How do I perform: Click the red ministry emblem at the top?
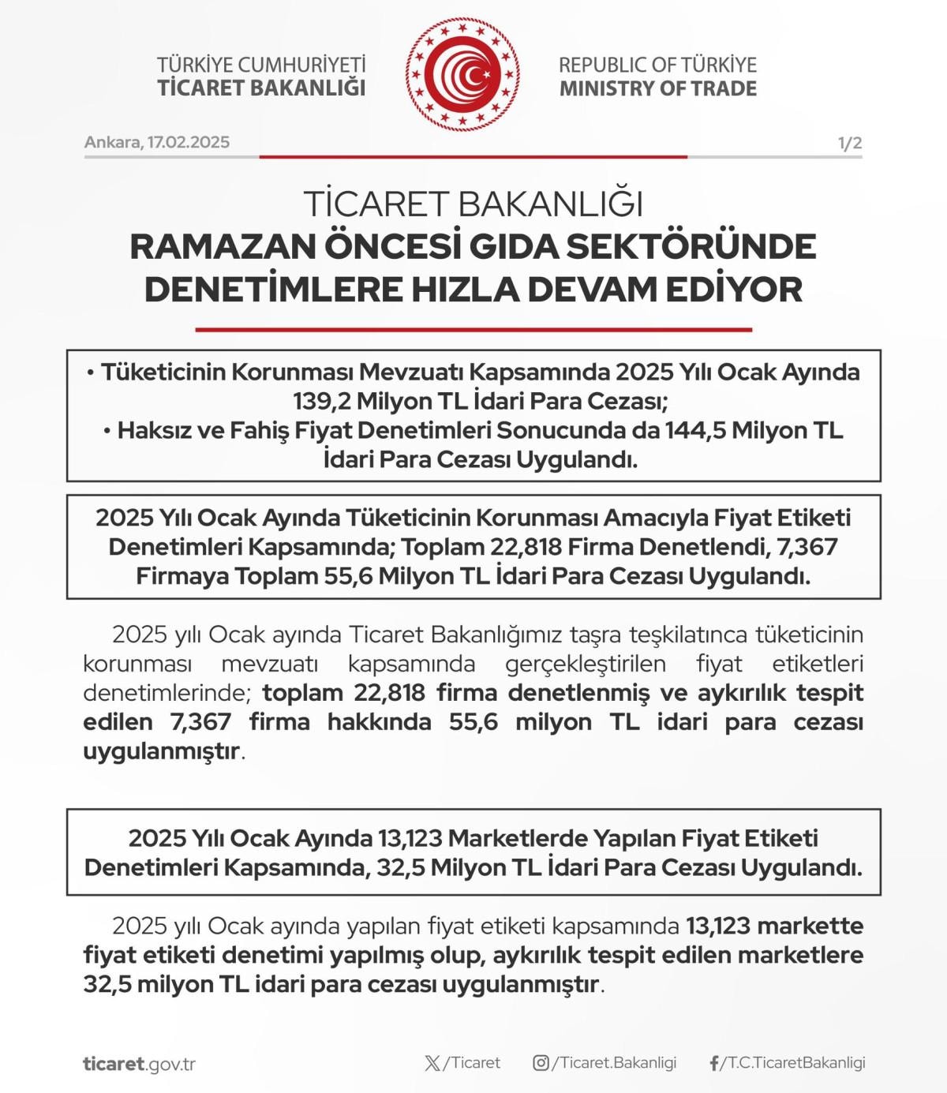pos(463,75)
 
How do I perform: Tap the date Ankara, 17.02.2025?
pos(157,142)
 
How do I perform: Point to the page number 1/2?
pos(849,144)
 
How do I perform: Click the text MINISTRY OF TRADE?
pos(657,88)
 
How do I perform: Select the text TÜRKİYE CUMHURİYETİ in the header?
pos(261,65)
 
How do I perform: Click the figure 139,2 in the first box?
pos(322,401)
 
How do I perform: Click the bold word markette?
pos(816,926)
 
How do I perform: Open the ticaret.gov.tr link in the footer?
pos(139,1063)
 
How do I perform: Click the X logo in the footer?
pos(432,1063)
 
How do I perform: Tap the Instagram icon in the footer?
pos(541,1063)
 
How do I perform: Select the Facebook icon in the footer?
pos(714,1063)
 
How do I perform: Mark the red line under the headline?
pos(473,329)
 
